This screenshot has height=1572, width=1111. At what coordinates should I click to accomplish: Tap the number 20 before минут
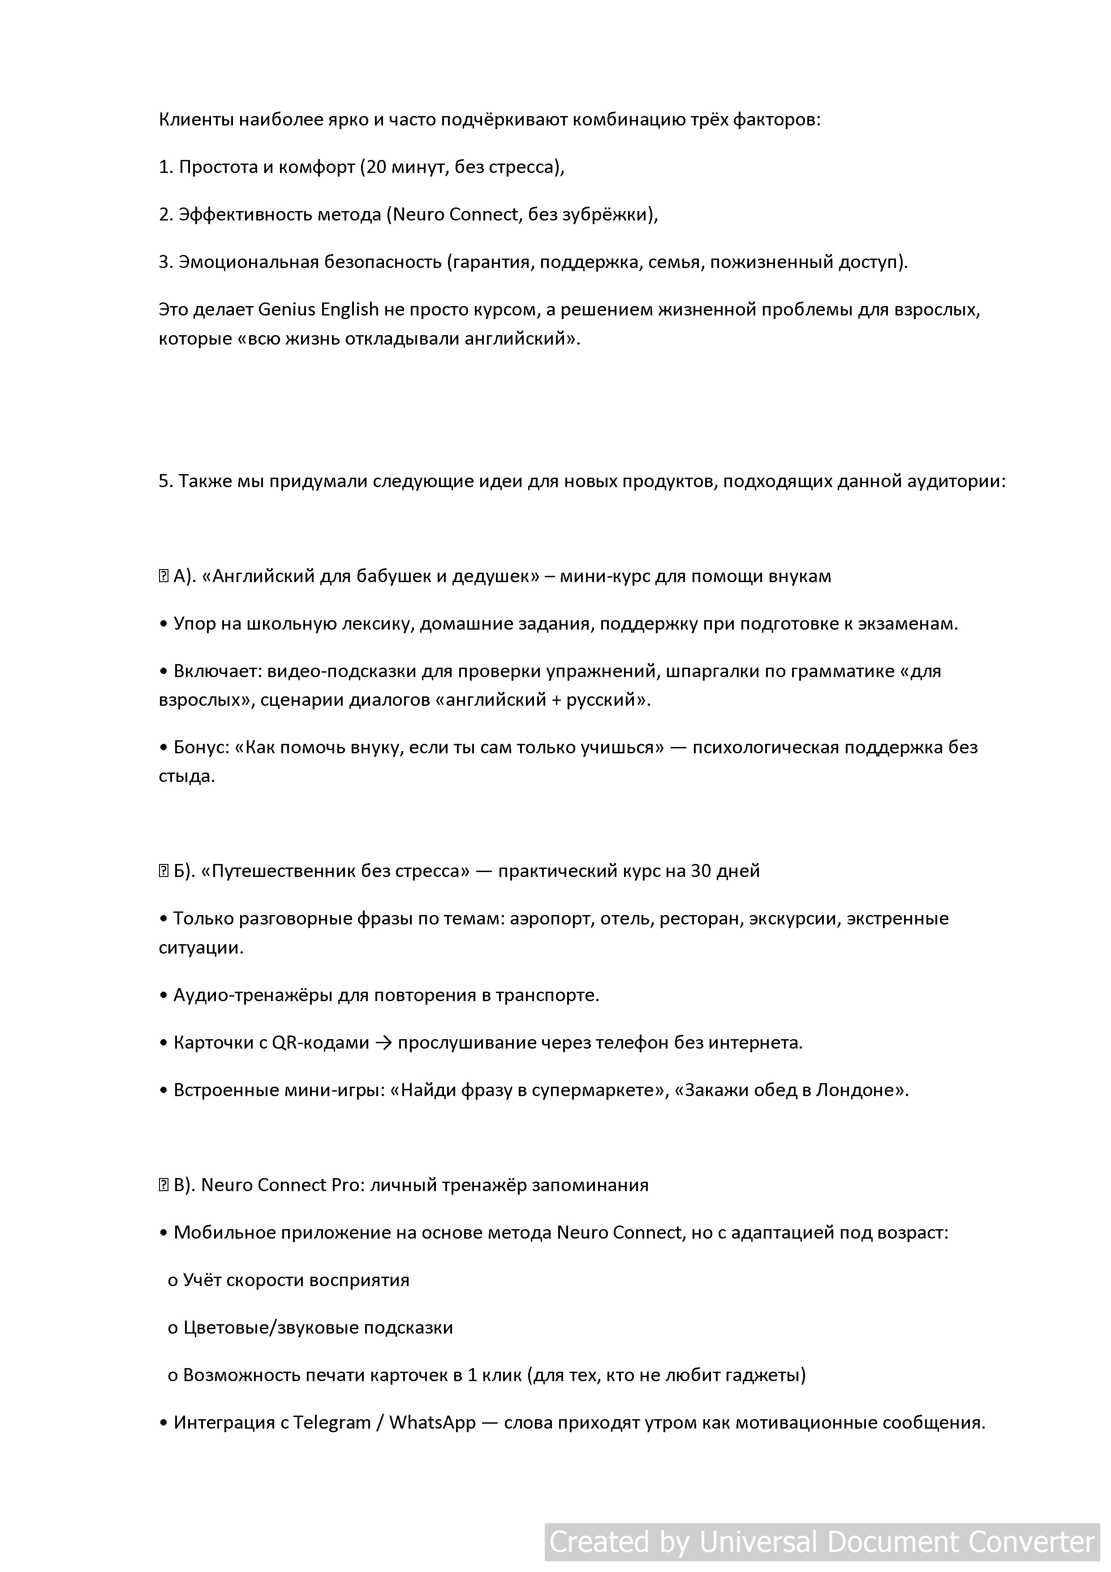tap(376, 167)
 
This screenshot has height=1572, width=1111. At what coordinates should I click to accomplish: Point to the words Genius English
tap(319, 310)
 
